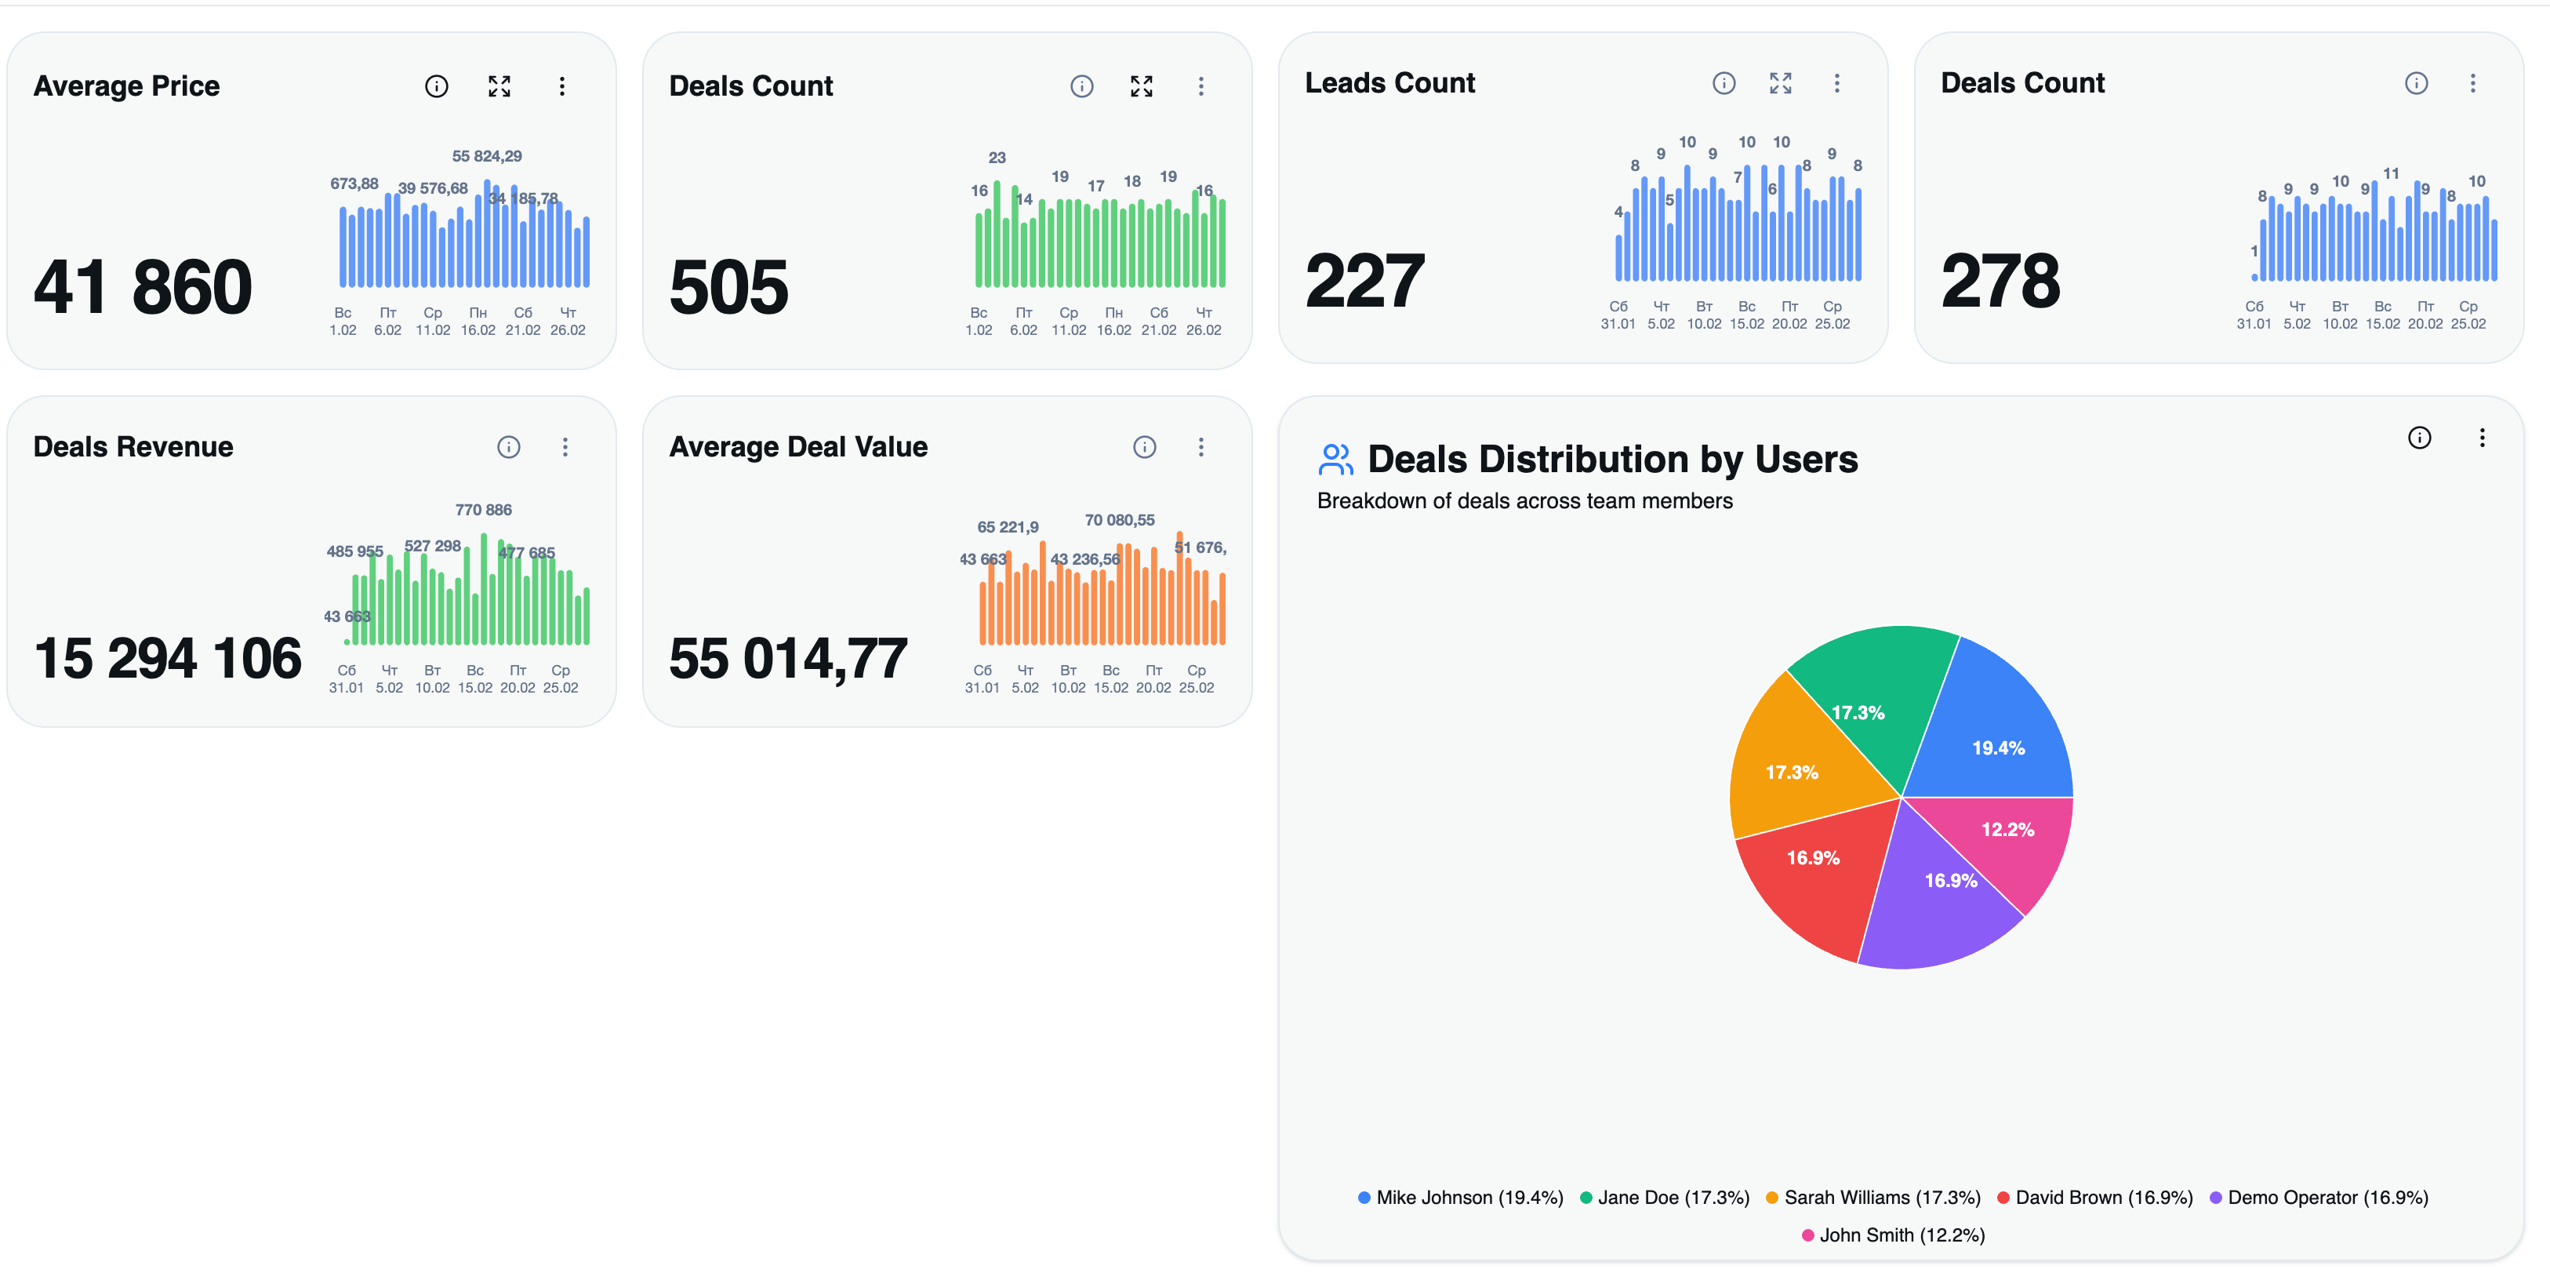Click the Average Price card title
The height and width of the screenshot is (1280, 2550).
(x=127, y=86)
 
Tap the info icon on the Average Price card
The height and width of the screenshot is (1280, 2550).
(x=437, y=86)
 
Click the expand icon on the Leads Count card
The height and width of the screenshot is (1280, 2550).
(x=1780, y=83)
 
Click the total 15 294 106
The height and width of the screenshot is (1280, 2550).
(x=167, y=658)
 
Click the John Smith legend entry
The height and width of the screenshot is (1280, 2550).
(x=1893, y=1235)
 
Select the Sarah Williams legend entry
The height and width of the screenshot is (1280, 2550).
(x=1873, y=1197)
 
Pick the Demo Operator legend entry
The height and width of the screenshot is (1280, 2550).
(x=2319, y=1197)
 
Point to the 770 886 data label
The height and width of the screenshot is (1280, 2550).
(x=483, y=510)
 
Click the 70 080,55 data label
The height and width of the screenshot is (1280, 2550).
(x=1120, y=520)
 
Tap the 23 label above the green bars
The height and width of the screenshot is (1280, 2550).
(x=997, y=158)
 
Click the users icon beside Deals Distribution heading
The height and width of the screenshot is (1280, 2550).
(x=1335, y=460)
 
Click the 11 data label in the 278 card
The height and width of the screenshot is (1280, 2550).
(x=2391, y=173)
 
